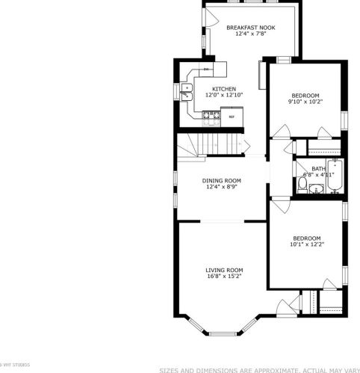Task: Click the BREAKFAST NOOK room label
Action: click(251, 28)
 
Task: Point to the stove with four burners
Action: click(211, 115)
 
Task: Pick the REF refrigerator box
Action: click(232, 116)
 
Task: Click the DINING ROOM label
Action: click(222, 180)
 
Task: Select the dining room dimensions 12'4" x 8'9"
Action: click(222, 187)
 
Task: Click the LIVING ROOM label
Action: click(225, 270)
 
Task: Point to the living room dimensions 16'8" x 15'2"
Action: click(225, 277)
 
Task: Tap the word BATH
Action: click(318, 168)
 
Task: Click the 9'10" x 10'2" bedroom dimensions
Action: click(305, 102)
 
